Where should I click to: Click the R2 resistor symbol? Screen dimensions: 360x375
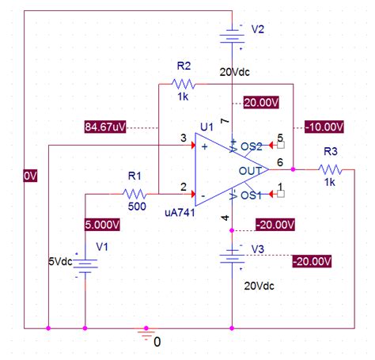(x=183, y=82)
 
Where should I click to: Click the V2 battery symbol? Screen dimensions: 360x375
(x=232, y=36)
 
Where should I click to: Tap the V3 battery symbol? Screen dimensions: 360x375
(x=232, y=256)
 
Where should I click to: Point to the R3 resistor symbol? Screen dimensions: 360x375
(x=331, y=169)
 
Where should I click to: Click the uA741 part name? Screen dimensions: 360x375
(x=181, y=211)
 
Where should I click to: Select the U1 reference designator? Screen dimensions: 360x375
(x=207, y=127)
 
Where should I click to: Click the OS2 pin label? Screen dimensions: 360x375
(x=252, y=146)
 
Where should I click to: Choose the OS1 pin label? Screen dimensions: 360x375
(x=252, y=195)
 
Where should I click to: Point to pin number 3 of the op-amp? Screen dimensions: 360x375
(x=184, y=138)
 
